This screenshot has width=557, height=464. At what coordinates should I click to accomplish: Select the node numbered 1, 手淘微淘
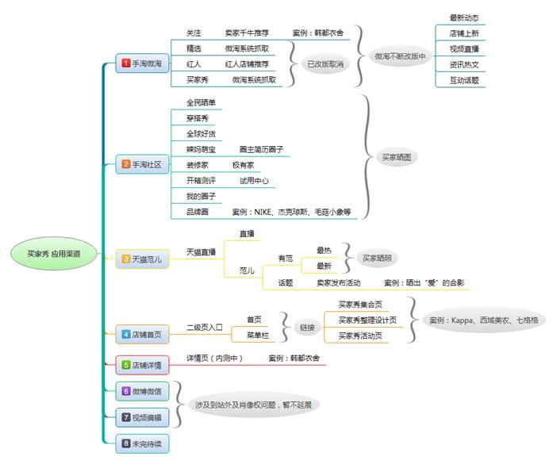(x=143, y=63)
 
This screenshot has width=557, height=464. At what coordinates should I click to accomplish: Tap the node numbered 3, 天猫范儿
(x=143, y=259)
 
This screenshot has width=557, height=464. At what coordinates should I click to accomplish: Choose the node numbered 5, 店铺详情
(x=143, y=365)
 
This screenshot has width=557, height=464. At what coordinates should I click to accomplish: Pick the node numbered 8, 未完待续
(x=143, y=443)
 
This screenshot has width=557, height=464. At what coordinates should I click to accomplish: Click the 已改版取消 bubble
(x=327, y=64)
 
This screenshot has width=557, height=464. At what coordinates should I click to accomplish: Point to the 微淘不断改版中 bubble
(x=398, y=56)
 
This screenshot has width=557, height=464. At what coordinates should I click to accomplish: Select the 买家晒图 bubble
(x=396, y=157)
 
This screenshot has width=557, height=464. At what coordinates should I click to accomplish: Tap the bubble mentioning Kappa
(x=483, y=320)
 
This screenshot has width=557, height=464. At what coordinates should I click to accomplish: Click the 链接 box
(x=305, y=327)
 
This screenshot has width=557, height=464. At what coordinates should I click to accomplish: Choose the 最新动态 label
(x=463, y=17)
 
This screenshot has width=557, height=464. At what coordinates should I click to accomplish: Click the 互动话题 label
(x=463, y=80)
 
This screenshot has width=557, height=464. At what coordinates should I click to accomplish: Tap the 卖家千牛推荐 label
(x=247, y=33)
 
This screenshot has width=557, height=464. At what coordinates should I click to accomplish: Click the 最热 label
(x=324, y=250)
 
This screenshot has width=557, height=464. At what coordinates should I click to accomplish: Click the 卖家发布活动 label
(x=339, y=282)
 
